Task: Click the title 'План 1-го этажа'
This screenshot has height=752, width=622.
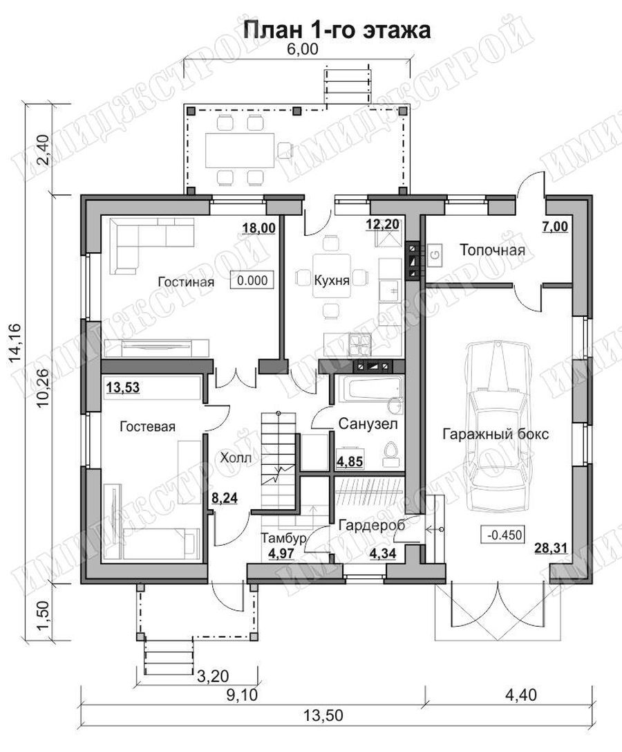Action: click(x=337, y=30)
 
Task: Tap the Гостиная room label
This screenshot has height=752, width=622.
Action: click(x=186, y=282)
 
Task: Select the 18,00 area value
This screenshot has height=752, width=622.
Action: click(x=258, y=228)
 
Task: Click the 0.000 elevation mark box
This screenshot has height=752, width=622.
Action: click(x=252, y=280)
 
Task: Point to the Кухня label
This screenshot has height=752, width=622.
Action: click(x=332, y=279)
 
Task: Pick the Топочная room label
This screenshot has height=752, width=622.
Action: click(x=492, y=250)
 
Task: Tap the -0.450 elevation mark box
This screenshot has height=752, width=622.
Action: click(x=502, y=534)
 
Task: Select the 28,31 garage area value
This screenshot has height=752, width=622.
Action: click(x=552, y=548)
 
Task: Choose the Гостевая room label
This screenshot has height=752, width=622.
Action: click(x=148, y=426)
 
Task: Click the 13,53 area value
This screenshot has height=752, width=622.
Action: click(x=123, y=387)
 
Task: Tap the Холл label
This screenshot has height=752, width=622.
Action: click(x=235, y=458)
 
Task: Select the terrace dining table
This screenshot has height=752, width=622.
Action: click(x=240, y=150)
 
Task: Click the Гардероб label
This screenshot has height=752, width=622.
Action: click(x=371, y=525)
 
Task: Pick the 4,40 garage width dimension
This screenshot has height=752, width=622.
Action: click(x=521, y=695)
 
